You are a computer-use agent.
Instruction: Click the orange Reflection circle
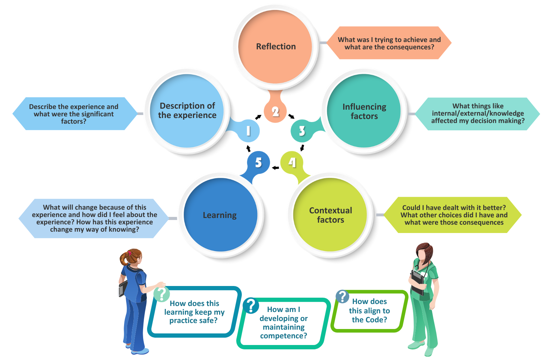pos(276,47)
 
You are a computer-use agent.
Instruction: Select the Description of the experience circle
pos(187,111)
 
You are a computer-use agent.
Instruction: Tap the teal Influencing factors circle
pos(364,111)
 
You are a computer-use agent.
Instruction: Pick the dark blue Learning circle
pos(220,215)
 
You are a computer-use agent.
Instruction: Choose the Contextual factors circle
pos(330,215)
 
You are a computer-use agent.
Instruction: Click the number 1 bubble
pos(248,131)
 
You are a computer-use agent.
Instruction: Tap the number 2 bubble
pos(275,112)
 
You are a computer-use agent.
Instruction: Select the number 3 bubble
pos(302,131)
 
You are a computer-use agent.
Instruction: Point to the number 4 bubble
pos(292,162)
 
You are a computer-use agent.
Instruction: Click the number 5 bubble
pos(258,162)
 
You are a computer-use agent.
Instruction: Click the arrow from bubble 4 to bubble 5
pos(275,168)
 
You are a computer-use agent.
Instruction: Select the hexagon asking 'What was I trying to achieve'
pos(389,43)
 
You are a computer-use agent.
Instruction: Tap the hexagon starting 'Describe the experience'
pos(74,114)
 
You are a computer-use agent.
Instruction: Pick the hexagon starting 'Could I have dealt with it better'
pos(454,215)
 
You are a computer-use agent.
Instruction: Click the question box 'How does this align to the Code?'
pos(370,311)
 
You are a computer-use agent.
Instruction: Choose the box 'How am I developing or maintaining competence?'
pos(284,323)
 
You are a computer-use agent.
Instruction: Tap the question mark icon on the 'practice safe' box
pos(162,294)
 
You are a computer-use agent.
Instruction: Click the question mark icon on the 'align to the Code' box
pos(342,296)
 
